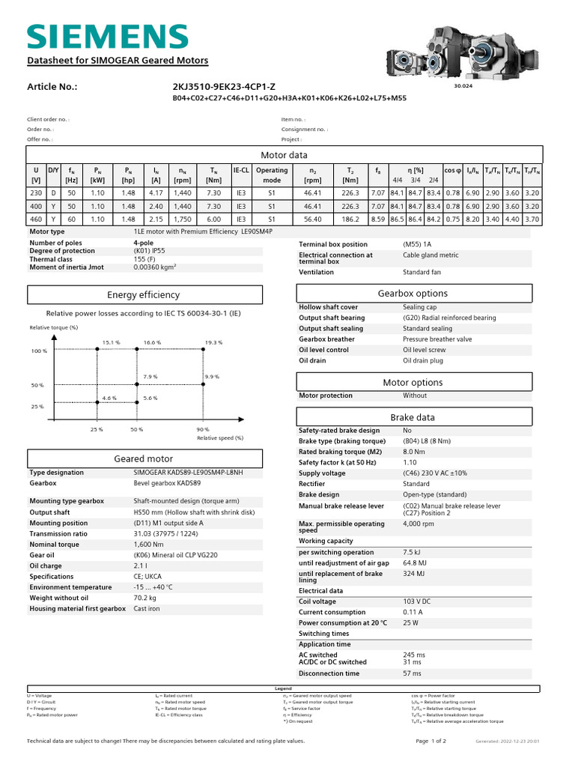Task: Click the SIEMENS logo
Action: point(107,36)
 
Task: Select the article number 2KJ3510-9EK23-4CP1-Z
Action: point(224,87)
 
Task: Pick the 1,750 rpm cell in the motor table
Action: point(182,219)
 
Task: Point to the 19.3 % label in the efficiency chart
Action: point(213,342)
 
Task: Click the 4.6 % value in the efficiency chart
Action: point(109,398)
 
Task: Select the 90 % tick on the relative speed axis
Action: point(202,429)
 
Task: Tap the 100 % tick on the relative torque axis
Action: point(39,351)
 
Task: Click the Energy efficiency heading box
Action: point(144,295)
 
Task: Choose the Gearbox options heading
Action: point(413,294)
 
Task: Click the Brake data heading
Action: point(413,417)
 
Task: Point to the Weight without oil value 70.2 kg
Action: point(146,598)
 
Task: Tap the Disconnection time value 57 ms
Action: point(412,673)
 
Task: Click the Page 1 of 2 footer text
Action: point(431,741)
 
